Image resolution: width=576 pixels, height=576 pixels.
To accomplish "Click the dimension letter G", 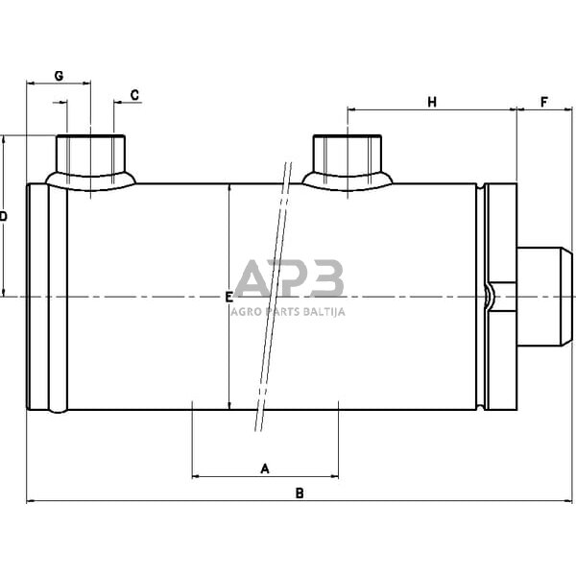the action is (x=59, y=76).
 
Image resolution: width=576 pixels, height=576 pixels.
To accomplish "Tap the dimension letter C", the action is (x=134, y=95).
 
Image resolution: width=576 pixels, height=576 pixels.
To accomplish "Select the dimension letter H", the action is (x=432, y=102).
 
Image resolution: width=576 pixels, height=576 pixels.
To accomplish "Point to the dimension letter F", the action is (x=544, y=102).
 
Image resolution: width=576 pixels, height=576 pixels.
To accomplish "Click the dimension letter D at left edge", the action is (x=3, y=216).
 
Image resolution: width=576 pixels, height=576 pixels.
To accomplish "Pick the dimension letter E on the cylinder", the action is (x=228, y=298).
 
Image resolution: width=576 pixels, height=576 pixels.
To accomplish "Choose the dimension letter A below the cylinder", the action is (x=265, y=468).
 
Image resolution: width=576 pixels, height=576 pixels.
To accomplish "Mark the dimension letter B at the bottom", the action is (x=300, y=493).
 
